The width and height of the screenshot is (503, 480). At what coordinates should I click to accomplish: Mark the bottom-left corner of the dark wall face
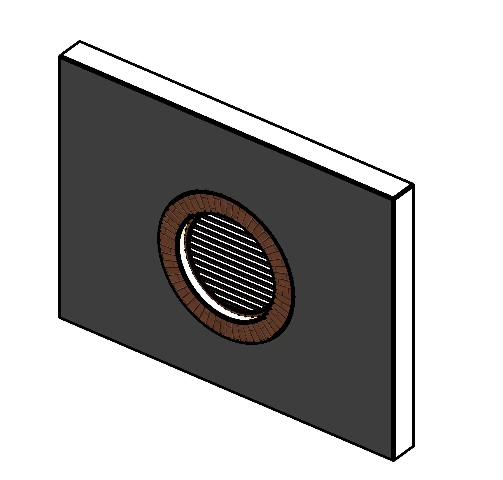60,317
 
